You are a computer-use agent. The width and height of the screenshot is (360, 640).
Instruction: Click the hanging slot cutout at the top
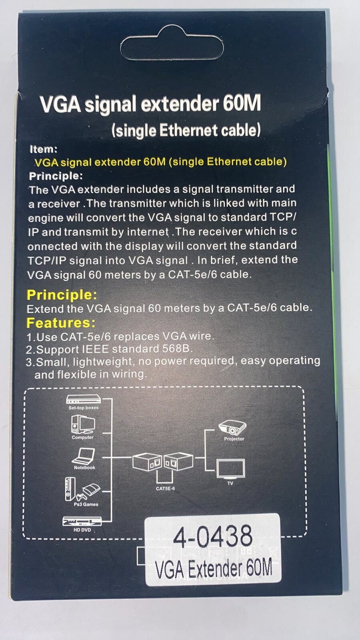pos(172,45)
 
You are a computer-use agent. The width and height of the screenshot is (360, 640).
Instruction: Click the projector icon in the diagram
pos(232,428)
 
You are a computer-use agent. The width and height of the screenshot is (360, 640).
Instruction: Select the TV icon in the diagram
pos(230,469)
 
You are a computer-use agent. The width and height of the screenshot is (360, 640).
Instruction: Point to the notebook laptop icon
pos(84,456)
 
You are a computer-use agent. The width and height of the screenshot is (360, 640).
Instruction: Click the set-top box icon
pos(84,400)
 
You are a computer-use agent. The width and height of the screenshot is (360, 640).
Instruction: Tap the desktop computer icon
pos(83,424)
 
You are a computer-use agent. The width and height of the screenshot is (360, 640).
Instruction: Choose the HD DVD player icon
pos(82,522)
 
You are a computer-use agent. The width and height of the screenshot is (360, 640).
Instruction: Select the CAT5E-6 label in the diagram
pos(165,488)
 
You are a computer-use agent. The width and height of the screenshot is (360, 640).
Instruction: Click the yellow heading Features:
pos(61,323)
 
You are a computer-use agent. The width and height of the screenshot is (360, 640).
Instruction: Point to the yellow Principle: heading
pos(62,294)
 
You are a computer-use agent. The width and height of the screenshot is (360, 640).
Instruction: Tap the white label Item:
pos(44,149)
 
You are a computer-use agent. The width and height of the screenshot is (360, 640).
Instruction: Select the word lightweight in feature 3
pos(103,362)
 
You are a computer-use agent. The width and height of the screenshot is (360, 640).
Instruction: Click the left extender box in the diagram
pos(148,462)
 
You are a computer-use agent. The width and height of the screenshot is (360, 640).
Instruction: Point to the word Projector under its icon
pos(234,439)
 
